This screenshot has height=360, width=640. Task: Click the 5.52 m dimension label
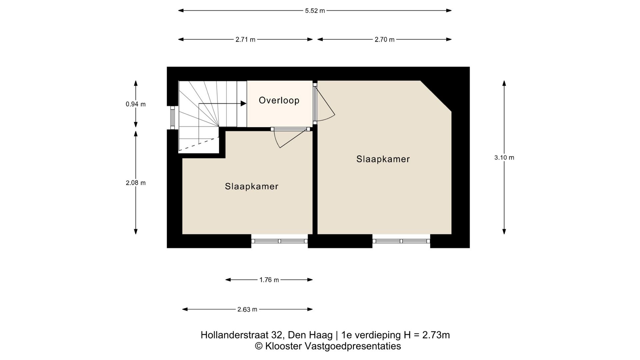pyautogui.click(x=315, y=11)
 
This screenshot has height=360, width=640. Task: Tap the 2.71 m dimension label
pyautogui.click(x=245, y=40)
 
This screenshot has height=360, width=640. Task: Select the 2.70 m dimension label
pyautogui.click(x=384, y=40)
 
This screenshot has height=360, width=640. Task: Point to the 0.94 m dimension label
pyautogui.click(x=135, y=104)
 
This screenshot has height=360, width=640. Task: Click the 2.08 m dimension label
pyautogui.click(x=135, y=183)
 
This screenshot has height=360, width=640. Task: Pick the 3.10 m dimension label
pyautogui.click(x=504, y=158)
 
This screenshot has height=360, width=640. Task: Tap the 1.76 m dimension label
pyautogui.click(x=269, y=280)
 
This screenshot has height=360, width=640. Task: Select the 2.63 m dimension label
pyautogui.click(x=247, y=310)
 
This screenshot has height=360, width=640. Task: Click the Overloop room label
pyautogui.click(x=279, y=100)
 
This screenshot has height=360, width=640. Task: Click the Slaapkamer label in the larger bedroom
pyautogui.click(x=383, y=159)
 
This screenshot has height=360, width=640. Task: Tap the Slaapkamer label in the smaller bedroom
pyautogui.click(x=251, y=186)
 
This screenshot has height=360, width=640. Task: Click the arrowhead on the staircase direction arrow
pyautogui.click(x=243, y=104)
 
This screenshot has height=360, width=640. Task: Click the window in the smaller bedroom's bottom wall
pyautogui.click(x=280, y=241)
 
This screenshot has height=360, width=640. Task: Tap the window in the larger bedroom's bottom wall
pyautogui.click(x=401, y=241)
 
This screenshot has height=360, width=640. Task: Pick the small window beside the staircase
pyautogui.click(x=172, y=118)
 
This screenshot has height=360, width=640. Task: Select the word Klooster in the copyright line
pyautogui.click(x=284, y=346)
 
